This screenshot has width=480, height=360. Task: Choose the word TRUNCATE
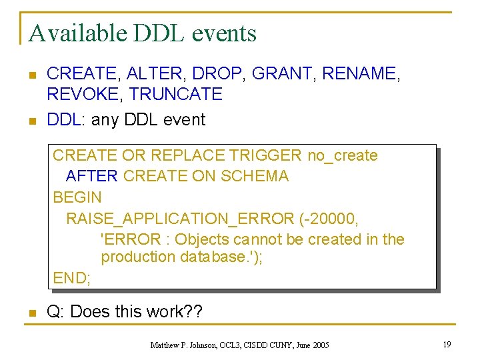(x=175, y=95)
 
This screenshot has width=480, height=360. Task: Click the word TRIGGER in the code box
(x=265, y=156)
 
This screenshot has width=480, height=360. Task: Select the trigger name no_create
(x=342, y=156)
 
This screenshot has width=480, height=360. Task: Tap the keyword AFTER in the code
(x=92, y=177)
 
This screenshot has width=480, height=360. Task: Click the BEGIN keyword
(x=77, y=197)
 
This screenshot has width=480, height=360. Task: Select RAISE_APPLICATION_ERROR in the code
(x=179, y=218)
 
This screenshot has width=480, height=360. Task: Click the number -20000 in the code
(x=330, y=218)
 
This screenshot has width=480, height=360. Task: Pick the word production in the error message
(x=138, y=257)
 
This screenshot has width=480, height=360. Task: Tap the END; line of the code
(x=71, y=277)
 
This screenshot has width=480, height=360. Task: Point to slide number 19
(x=447, y=345)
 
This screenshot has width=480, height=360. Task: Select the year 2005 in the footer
(x=320, y=345)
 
